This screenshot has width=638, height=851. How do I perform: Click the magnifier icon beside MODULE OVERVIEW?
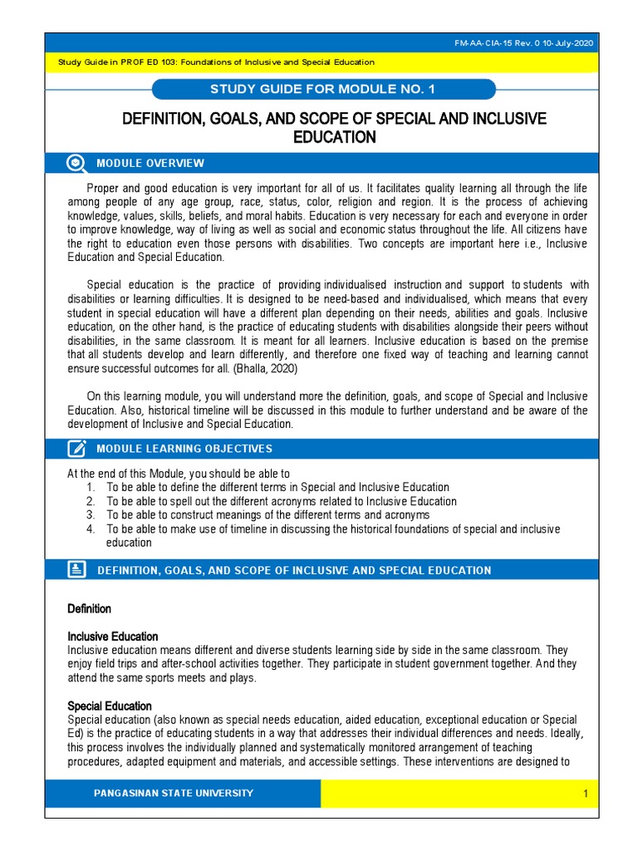(x=76, y=163)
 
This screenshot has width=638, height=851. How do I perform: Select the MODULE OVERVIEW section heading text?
(x=150, y=163)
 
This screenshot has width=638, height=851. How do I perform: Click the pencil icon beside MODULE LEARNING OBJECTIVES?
(x=76, y=449)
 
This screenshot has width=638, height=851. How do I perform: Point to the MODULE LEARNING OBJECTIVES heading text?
(x=184, y=449)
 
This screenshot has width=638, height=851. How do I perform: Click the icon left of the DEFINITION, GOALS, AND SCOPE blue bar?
(x=76, y=570)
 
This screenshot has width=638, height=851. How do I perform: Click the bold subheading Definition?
(x=89, y=609)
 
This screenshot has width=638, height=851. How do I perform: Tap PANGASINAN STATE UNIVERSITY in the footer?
(x=174, y=794)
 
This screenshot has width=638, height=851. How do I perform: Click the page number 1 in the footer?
(x=585, y=794)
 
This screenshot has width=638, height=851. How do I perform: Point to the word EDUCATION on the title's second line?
(x=335, y=138)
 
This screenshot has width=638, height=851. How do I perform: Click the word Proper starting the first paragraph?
(x=104, y=189)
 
